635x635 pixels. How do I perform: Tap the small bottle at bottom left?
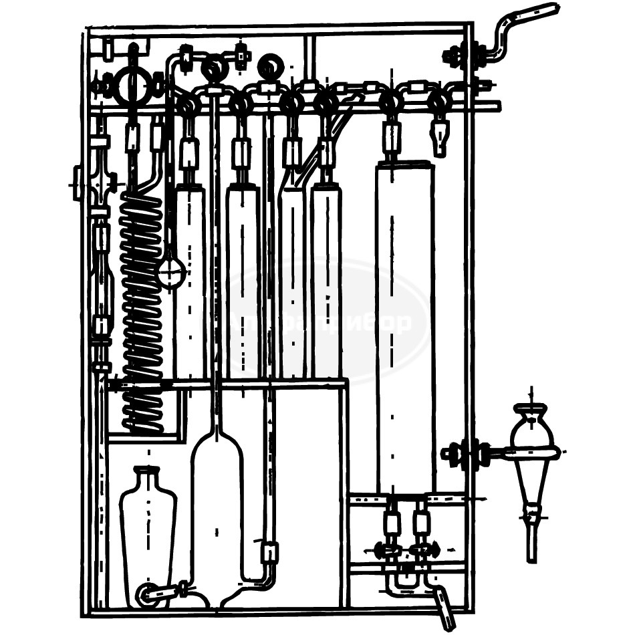pyautogui.click(x=148, y=535)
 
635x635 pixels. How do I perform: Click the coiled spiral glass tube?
pyautogui.click(x=142, y=307)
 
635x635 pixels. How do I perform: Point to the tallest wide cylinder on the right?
pyautogui.click(x=404, y=328)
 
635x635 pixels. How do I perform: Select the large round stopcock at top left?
pyautogui.click(x=132, y=86)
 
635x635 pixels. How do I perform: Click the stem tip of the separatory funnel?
pyautogui.click(x=531, y=555)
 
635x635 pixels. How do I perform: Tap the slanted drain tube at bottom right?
pyautogui.click(x=442, y=605)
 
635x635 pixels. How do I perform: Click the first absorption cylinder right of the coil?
pyautogui.click(x=190, y=281)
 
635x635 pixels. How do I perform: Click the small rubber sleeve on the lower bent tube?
pyautogui.click(x=270, y=552)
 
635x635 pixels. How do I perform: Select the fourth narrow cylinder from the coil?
pyautogui.click(x=326, y=281)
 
